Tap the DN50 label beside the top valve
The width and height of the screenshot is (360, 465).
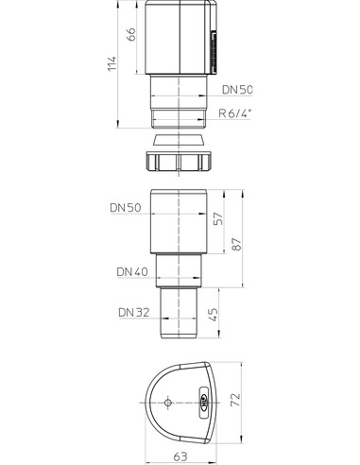(x=238, y=90)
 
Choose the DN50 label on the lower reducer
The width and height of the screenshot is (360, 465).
(x=126, y=206)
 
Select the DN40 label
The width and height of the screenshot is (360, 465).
(x=132, y=271)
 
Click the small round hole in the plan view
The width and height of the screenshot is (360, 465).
(x=166, y=404)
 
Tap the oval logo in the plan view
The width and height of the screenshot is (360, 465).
(x=204, y=405)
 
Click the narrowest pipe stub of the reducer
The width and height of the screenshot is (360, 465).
(x=180, y=314)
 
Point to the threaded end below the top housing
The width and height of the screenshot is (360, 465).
(x=180, y=118)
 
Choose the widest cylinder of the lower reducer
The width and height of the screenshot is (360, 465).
(x=180, y=227)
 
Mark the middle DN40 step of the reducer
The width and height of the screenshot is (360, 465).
(x=180, y=270)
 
